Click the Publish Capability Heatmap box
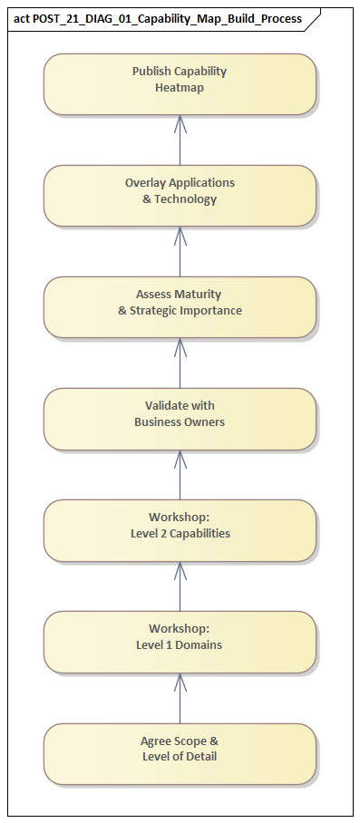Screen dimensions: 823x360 180,84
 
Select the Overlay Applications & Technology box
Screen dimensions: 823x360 180,196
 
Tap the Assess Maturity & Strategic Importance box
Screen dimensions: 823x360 180,307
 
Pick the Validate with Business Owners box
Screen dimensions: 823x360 180,419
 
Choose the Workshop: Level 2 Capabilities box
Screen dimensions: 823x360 180,530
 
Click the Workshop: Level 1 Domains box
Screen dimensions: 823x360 180,642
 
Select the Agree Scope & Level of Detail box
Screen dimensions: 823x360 180,753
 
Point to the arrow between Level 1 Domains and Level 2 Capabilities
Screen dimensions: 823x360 180,586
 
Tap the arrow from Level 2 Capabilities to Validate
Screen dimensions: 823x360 180,475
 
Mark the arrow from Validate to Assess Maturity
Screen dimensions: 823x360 180,363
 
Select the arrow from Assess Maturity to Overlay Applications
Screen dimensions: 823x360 180,252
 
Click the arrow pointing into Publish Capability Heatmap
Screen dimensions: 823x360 180,140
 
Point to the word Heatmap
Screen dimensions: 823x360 180,88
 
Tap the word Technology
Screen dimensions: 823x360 185,199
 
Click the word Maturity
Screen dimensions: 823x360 198,295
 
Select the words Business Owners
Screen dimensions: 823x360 180,422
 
